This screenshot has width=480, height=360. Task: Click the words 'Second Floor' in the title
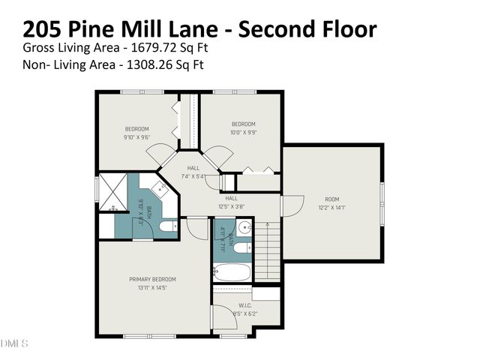click(x=307, y=29)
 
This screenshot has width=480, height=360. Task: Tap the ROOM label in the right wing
click(x=331, y=199)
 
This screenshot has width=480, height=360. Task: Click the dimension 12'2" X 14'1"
click(x=331, y=208)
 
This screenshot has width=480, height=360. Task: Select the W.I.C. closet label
click(x=245, y=304)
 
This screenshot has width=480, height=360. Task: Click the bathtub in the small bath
click(x=232, y=271)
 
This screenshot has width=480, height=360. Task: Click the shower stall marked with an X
click(x=113, y=191)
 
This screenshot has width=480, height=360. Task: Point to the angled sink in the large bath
click(x=160, y=187)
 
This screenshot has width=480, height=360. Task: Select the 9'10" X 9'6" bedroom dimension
click(x=136, y=138)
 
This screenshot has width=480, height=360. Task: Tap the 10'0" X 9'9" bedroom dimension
click(x=243, y=133)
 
